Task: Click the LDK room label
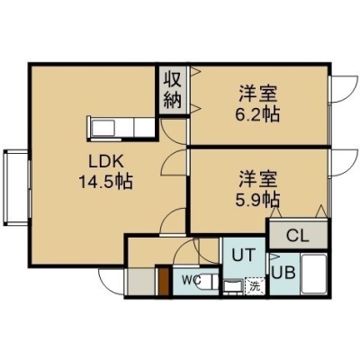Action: click(106, 162)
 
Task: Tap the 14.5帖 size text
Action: click(105, 182)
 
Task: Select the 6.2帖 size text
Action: click(257, 114)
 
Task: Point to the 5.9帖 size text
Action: click(257, 200)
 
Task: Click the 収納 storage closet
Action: click(173, 90)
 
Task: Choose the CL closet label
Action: click(297, 236)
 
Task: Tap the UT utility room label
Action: click(244, 256)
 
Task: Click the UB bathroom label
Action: click(283, 273)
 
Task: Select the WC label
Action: click(192, 281)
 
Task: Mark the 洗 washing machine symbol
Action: click(255, 286)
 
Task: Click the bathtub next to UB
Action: click(314, 274)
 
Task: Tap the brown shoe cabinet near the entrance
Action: click(164, 281)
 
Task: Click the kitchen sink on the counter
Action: click(103, 128)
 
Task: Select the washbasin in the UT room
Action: click(233, 286)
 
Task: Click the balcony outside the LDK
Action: click(16, 188)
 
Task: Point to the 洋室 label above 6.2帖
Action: click(257, 94)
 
